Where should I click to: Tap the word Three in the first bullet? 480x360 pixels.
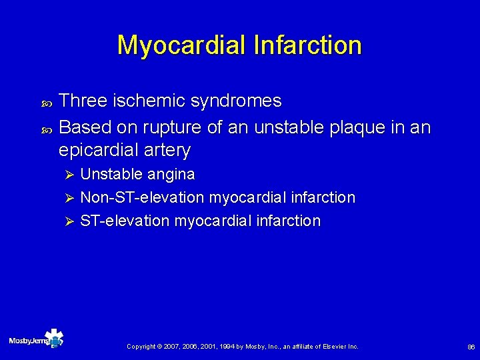pyautogui.click(x=82, y=101)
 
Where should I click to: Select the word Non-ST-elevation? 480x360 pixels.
pyautogui.click(x=142, y=197)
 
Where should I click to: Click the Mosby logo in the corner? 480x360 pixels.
pyautogui.click(x=36, y=340)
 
